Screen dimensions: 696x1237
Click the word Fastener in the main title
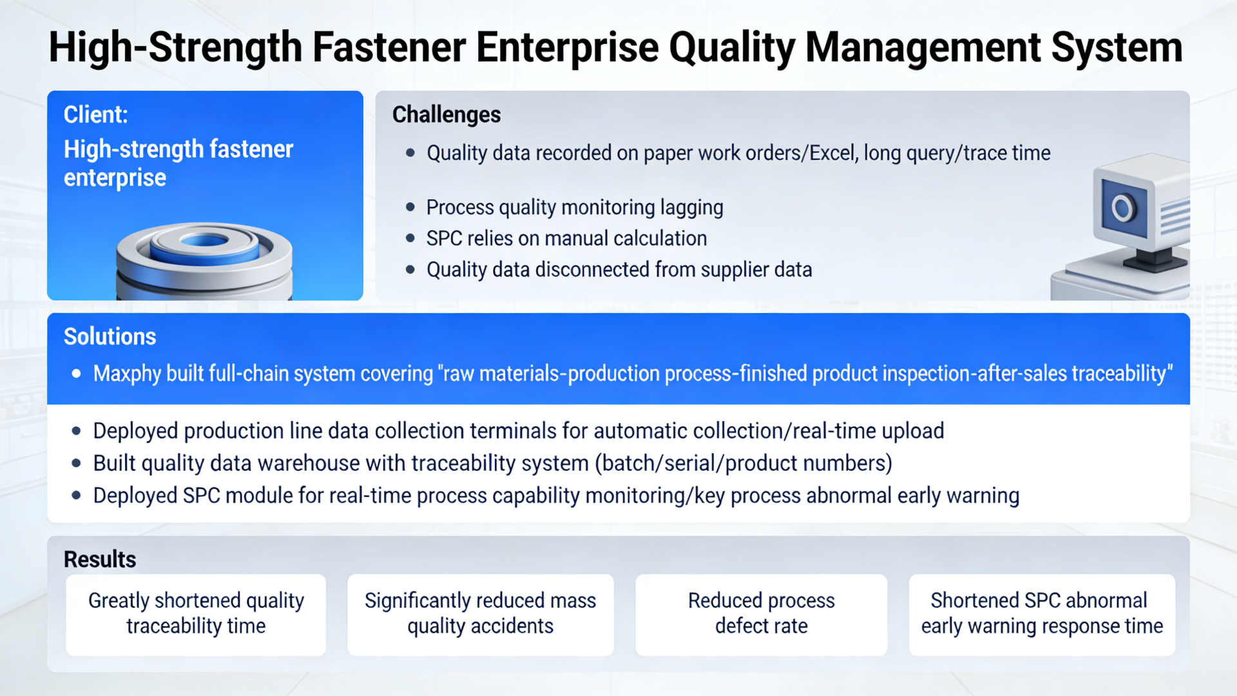click(389, 48)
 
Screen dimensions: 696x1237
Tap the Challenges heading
click(446, 115)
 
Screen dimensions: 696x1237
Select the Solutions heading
click(110, 336)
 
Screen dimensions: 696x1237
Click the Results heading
click(100, 559)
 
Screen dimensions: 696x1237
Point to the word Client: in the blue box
click(95, 115)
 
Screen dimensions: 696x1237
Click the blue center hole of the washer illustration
click(204, 241)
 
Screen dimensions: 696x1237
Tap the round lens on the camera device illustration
click(1122, 208)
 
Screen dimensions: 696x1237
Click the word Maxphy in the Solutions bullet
click(127, 374)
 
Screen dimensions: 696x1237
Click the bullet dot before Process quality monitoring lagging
click(410, 208)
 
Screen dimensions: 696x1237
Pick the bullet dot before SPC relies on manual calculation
click(410, 238)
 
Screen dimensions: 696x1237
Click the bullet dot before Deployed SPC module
click(77, 496)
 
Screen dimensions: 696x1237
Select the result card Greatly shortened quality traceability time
click(196, 614)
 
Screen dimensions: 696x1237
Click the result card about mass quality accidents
click(480, 614)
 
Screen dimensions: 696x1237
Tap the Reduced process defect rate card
click(761, 614)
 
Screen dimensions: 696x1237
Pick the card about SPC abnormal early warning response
click(1042, 614)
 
